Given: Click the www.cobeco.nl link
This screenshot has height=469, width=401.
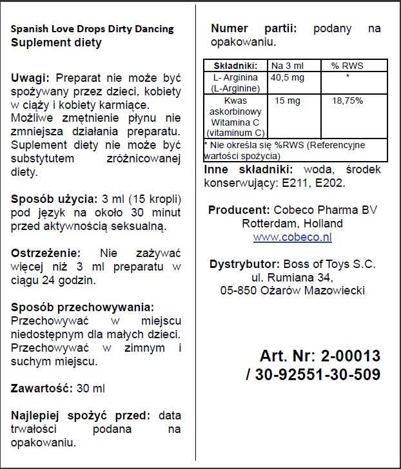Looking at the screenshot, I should point(292,237).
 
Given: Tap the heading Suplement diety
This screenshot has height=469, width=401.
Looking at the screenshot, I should point(57,43).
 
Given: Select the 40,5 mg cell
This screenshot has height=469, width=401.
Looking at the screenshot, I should point(287,77).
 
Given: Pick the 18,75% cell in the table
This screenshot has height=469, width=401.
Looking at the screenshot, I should point(347,101).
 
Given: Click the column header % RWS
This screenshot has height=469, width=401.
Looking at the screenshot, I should point(347,66).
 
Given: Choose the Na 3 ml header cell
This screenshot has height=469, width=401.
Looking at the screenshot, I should point(288,66).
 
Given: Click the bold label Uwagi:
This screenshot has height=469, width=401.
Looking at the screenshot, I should point(30,77).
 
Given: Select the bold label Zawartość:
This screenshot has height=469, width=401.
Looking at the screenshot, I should point(39,388).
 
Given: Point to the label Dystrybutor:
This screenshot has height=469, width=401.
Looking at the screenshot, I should point(242,264).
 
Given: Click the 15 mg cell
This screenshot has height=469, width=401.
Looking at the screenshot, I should point(288,101).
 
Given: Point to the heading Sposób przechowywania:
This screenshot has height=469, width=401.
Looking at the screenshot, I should point(83,307).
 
